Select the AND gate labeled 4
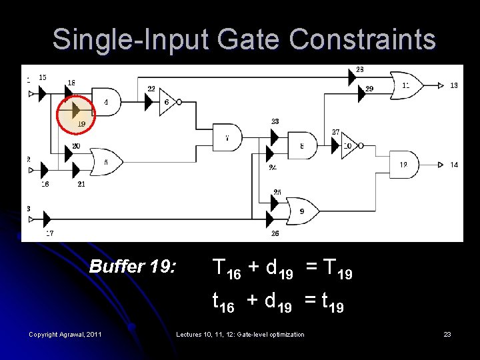tap(102, 102)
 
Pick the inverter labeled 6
tap(167, 102)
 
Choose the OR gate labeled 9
tap(303, 211)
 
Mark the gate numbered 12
tap(403, 164)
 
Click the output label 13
tap(454, 85)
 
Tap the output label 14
tap(454, 165)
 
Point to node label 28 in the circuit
tap(360, 69)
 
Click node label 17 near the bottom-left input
tap(49, 233)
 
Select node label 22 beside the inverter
tap(151, 89)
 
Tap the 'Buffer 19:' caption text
tap(133, 267)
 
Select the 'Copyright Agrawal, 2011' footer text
tap(65, 334)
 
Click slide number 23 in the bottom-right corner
tap(447, 334)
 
